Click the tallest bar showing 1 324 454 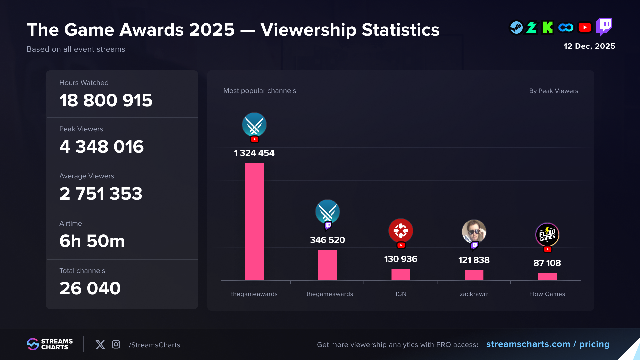[254, 221]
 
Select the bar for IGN [401, 274]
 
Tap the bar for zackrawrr [474, 275]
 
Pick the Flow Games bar [547, 276]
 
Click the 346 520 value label [327, 240]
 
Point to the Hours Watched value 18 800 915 [106, 100]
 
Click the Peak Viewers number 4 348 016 [101, 147]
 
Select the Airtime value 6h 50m [92, 241]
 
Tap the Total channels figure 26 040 [90, 288]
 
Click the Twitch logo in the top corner [604, 26]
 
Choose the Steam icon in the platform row [516, 28]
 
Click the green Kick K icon [548, 27]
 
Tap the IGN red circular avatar [401, 231]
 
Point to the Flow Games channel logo [547, 234]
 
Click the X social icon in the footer [100, 344]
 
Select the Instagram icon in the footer [116, 344]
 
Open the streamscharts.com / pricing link [548, 344]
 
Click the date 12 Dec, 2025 [589, 46]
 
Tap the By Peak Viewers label [553, 91]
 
